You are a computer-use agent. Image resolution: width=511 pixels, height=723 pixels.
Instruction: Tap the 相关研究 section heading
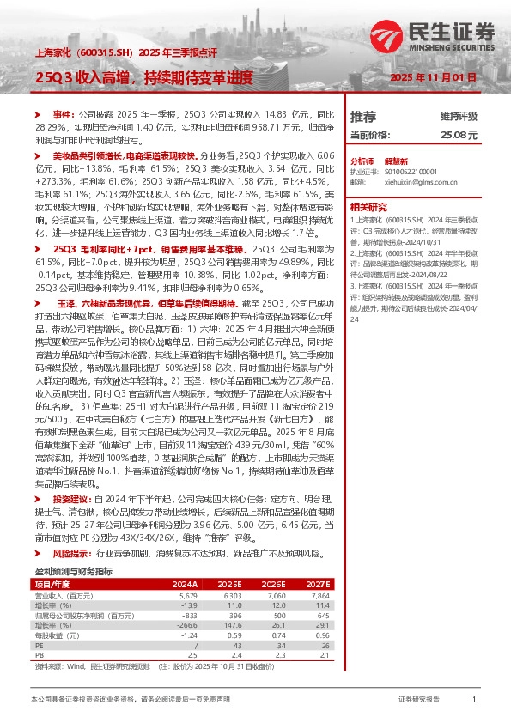(370, 206)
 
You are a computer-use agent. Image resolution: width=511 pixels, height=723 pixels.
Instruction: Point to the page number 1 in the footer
(473, 701)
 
